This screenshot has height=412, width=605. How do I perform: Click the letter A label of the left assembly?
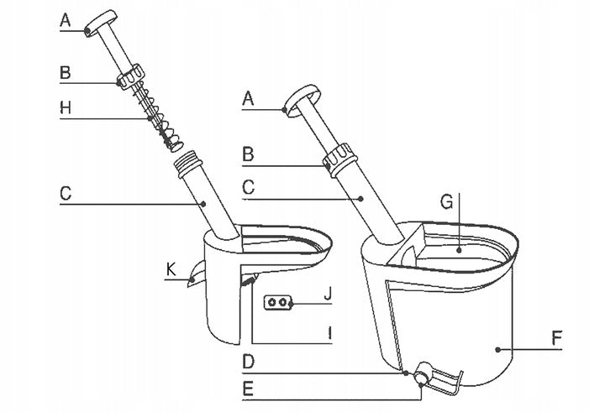66,20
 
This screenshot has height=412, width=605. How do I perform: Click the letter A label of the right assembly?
248,99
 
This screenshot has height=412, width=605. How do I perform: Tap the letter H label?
66,107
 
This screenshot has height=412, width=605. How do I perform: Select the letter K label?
171,269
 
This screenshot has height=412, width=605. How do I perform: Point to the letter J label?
328,294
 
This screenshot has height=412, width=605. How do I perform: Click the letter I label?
329,333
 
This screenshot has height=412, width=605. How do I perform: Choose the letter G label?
447,201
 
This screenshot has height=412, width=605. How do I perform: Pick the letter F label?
556,338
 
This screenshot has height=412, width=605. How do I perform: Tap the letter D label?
249,362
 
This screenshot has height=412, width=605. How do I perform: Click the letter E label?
248,389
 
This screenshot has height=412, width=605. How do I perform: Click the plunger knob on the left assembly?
101,23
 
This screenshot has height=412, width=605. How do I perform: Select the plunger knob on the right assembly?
302,100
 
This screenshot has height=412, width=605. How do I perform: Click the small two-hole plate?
277,302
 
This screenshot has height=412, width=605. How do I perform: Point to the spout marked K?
197,274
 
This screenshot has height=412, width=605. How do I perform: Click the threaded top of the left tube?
189,163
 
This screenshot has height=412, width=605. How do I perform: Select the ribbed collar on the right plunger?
339,159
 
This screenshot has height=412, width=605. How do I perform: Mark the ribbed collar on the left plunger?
131,77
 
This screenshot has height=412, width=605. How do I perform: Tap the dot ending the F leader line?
498,350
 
